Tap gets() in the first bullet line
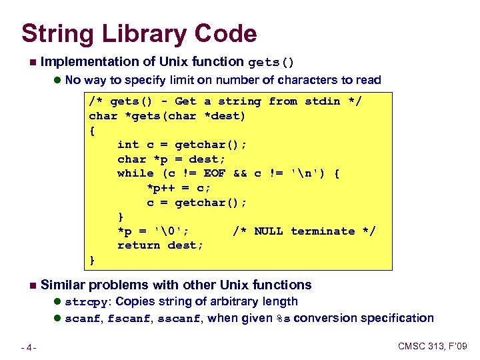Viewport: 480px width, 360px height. click(x=271, y=63)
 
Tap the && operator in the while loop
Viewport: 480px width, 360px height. click(x=240, y=173)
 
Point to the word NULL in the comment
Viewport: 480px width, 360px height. click(x=268, y=231)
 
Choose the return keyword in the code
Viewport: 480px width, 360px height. click(x=139, y=245)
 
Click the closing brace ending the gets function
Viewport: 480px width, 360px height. click(x=93, y=260)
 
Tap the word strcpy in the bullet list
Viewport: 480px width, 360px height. click(x=85, y=302)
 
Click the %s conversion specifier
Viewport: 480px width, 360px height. click(x=283, y=319)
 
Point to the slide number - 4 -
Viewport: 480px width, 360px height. click(x=28, y=347)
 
